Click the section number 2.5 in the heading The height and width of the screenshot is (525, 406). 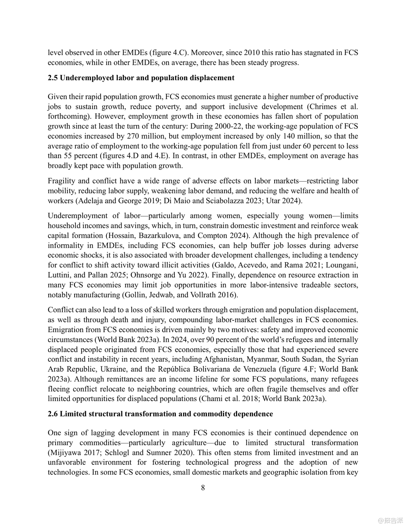point(53,78)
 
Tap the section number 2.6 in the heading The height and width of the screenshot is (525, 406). point(53,414)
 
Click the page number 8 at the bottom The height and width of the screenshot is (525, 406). point(203,488)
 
